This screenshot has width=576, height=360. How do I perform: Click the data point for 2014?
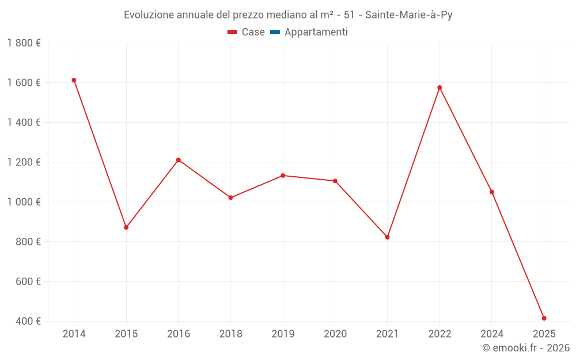coord(74,80)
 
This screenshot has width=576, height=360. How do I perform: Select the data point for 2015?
coord(126,228)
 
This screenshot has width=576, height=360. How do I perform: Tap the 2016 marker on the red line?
coord(179,160)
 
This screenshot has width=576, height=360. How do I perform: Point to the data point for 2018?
coord(230,198)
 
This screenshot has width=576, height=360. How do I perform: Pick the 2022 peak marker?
coord(439,88)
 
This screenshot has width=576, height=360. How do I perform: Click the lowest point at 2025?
coord(544,319)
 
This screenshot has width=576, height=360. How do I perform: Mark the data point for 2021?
coord(387,237)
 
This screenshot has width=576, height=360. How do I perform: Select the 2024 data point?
coord(492,192)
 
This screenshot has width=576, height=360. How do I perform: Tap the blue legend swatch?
coord(275,32)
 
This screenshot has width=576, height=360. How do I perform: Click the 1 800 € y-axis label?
coord(24,43)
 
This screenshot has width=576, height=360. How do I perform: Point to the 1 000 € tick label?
coord(24,202)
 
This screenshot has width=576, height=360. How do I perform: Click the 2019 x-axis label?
coord(283,334)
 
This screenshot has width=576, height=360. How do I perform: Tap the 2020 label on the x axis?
coord(335,334)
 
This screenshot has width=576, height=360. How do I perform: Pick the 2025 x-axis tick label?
coord(544,334)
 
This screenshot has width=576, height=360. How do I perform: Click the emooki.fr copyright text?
coord(526,348)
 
